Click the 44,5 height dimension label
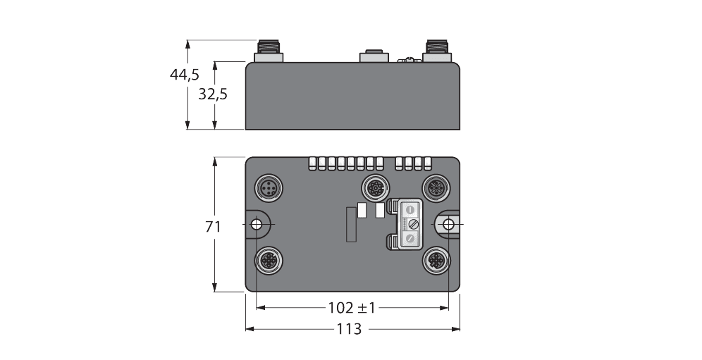184,75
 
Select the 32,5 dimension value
212,94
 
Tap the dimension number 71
214,227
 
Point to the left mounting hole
257,225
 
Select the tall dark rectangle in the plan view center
350,225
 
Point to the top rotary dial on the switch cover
409,209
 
